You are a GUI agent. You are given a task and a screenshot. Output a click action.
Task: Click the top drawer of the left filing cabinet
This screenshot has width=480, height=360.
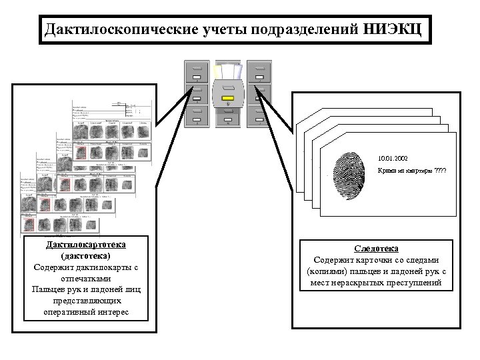(x=197, y=69)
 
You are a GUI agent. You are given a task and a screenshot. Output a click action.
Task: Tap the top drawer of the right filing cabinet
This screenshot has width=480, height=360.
(x=259, y=69)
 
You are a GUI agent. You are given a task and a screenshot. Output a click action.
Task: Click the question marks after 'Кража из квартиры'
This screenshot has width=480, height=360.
(x=441, y=171)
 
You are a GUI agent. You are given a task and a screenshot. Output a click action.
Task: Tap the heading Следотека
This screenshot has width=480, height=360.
(x=377, y=248)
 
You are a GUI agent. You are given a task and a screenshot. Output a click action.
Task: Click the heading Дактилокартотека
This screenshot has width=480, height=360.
(x=85, y=245)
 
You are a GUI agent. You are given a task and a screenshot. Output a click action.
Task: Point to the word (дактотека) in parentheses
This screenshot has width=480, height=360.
(x=85, y=255)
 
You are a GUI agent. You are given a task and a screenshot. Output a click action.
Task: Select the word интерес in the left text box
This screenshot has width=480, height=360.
(x=113, y=312)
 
